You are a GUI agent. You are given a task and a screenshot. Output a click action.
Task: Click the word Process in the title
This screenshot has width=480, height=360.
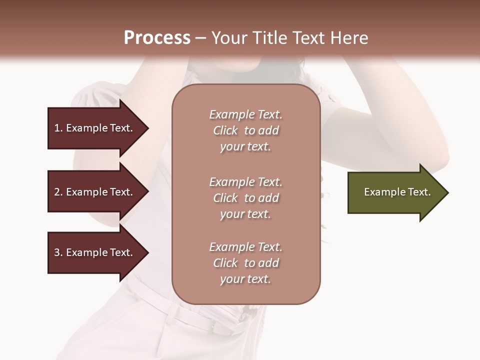point(157,38)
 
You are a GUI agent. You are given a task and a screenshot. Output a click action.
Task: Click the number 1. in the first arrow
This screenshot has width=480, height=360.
point(58,128)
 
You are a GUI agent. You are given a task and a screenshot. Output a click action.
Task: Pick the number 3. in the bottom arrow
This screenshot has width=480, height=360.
point(58,253)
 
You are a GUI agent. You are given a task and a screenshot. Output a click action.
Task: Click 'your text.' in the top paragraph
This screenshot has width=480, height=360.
point(245,147)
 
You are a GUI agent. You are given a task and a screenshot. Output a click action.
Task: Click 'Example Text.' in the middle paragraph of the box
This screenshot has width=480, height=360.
point(245,182)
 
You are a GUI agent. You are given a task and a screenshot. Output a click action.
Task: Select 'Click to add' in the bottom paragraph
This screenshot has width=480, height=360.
point(245,263)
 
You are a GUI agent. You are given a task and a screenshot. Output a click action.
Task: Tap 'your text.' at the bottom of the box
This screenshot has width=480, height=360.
point(245,279)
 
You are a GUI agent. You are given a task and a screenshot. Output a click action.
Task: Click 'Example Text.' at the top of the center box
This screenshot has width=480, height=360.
point(245,115)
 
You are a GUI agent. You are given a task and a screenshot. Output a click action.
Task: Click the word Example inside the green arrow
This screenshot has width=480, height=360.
point(380,192)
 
